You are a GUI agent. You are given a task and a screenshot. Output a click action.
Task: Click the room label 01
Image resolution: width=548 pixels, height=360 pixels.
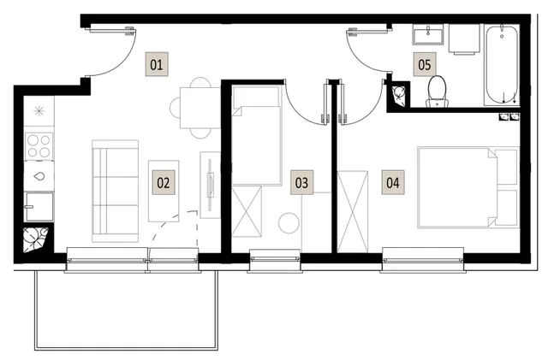point(157,64)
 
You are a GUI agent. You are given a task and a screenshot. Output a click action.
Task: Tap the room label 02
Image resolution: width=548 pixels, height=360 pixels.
point(164,182)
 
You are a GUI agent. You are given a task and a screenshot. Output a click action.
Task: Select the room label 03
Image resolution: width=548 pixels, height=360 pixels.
point(301,182)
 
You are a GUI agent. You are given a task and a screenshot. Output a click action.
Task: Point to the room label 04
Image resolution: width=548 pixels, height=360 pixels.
point(393,182)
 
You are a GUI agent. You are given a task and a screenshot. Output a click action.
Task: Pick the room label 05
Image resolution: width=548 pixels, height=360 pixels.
point(425,64)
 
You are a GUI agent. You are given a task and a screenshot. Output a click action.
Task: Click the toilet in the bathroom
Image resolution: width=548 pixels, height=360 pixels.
point(438,91)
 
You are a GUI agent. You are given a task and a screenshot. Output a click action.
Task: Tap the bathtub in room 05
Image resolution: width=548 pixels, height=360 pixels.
point(502,65)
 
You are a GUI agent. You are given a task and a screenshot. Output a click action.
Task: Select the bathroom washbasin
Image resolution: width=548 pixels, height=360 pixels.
point(428,34)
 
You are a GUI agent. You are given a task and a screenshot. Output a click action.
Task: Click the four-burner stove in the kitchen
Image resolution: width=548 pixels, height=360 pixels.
point(39,146)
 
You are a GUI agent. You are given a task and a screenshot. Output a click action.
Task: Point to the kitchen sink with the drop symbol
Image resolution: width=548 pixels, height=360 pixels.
point(39,176)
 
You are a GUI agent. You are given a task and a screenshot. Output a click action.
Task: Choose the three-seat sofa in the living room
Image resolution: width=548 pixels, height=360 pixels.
point(115,191)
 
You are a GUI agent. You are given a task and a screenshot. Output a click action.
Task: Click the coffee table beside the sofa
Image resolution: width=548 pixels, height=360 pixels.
point(164,191)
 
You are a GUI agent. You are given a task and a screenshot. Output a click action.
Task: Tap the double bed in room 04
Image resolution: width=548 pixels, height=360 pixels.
point(468,188)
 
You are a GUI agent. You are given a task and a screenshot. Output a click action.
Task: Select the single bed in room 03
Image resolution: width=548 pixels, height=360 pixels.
point(257,135)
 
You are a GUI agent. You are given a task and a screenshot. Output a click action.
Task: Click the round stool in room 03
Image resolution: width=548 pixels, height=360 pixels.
point(289,223)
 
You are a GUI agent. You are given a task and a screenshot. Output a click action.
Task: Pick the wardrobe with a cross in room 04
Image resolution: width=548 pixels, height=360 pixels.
point(352,211)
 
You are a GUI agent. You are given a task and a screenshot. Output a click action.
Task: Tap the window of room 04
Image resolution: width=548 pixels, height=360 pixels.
point(423,260)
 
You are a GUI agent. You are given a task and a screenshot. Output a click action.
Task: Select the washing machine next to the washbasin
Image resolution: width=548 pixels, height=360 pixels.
point(464,39)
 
